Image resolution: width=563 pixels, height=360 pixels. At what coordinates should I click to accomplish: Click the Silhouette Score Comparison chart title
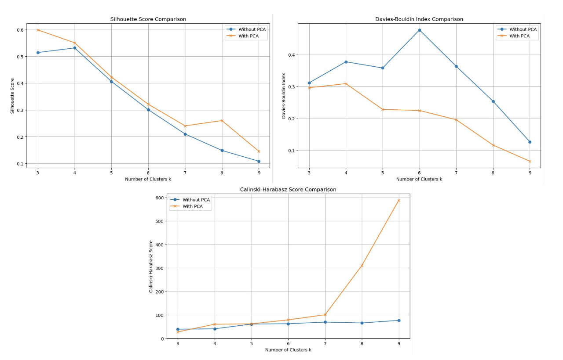coord(148,19)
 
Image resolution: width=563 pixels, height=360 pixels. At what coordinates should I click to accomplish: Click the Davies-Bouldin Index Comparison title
coord(419,19)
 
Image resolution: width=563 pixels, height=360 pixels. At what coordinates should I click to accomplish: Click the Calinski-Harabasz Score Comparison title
coord(288,190)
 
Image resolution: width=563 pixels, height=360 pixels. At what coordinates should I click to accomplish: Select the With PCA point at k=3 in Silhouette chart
coord(38,30)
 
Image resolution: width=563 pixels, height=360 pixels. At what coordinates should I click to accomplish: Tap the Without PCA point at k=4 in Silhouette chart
coord(75,48)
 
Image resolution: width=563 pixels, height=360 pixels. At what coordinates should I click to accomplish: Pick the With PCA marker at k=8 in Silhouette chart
coord(222,121)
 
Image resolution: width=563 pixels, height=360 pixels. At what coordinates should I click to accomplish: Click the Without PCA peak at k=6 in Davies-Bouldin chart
coord(419,30)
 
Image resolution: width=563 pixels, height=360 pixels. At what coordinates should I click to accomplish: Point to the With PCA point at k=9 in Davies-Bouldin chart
coord(530,161)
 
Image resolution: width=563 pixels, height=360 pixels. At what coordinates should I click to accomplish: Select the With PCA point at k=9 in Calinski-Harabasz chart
coord(399,200)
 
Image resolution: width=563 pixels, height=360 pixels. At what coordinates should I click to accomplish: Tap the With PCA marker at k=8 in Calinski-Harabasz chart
coord(362,265)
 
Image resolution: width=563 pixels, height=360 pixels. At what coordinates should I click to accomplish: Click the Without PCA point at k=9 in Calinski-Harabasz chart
coord(399,320)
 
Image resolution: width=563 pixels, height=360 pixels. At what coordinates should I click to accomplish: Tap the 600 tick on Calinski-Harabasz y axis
coord(159,198)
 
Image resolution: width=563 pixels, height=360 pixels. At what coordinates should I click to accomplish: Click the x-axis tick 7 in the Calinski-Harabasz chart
coord(325,344)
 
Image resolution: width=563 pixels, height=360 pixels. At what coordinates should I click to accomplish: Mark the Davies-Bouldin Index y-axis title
coord(284,96)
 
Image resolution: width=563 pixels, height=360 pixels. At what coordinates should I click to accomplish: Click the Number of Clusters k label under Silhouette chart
coord(148,179)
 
